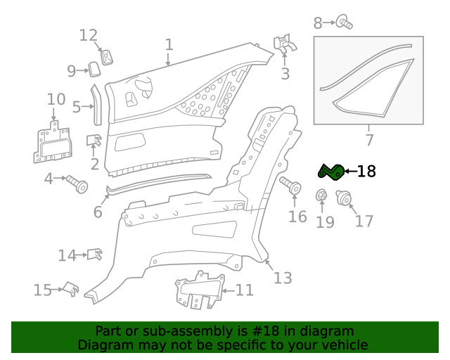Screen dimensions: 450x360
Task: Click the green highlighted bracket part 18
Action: coord(331,172)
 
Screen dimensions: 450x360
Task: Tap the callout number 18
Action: coord(366,172)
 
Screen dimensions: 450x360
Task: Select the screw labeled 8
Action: coord(344,22)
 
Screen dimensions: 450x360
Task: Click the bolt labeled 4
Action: coord(77,184)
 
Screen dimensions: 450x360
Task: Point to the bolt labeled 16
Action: coord(290,185)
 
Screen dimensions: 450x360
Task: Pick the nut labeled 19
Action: coord(322,195)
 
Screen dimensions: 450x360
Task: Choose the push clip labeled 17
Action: coord(344,198)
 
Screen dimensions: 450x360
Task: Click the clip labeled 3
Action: coord(284,44)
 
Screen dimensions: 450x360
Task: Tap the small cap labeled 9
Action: coord(94,69)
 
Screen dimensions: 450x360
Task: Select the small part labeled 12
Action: coord(106,57)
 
